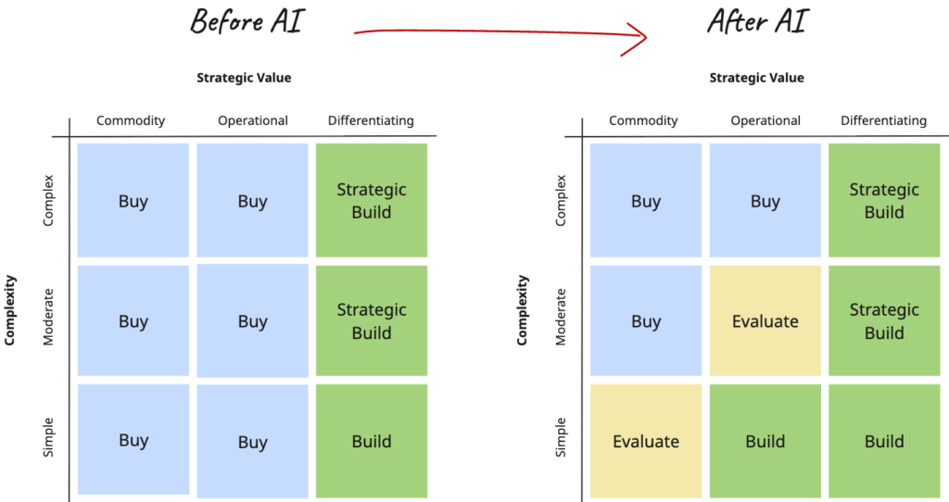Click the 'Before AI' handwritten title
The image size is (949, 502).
[x=247, y=20]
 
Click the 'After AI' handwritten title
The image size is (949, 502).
[x=756, y=20]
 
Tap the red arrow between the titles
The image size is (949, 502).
[x=500, y=35]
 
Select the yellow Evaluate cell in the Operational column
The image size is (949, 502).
[x=765, y=321]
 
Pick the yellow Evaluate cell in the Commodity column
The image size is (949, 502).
[x=646, y=442]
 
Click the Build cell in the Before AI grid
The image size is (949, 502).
[x=371, y=442]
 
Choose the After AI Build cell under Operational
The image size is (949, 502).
[x=765, y=442]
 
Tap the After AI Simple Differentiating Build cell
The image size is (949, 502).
[x=884, y=442]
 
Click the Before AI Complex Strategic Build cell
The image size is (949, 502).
[x=371, y=200]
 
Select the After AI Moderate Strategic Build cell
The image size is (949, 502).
[x=884, y=321]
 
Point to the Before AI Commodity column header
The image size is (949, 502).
[x=131, y=121]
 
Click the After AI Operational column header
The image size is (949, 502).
[x=765, y=121]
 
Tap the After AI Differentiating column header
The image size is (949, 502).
[x=883, y=121]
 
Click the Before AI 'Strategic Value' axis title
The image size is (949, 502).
[x=244, y=78]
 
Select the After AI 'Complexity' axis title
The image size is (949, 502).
[x=523, y=309]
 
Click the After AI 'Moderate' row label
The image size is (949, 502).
[x=561, y=317]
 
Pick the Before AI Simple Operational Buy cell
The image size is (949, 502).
[x=252, y=442]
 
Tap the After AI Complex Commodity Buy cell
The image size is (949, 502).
[x=646, y=201]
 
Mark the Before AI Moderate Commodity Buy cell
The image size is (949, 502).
[x=133, y=321]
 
